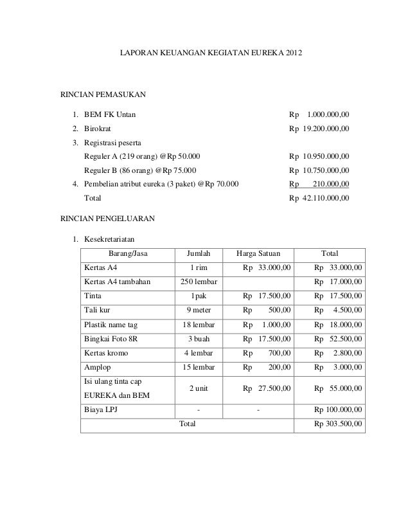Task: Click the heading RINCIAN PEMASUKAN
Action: point(103,95)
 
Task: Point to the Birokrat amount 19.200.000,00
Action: point(326,129)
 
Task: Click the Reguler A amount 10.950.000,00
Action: point(326,156)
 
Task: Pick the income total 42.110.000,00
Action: point(326,198)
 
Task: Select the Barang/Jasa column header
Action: point(128,253)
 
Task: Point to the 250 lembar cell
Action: point(199,282)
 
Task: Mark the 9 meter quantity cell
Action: point(199,310)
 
